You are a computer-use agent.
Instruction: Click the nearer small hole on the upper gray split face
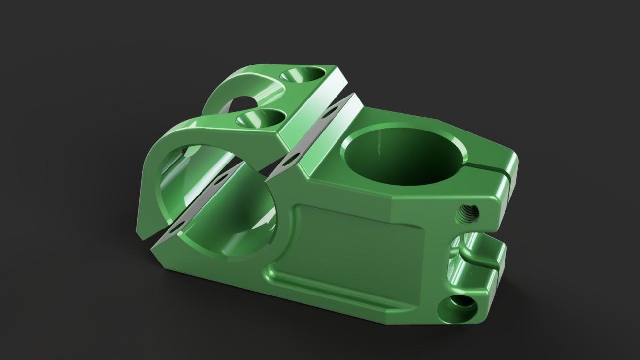point(291,158)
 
